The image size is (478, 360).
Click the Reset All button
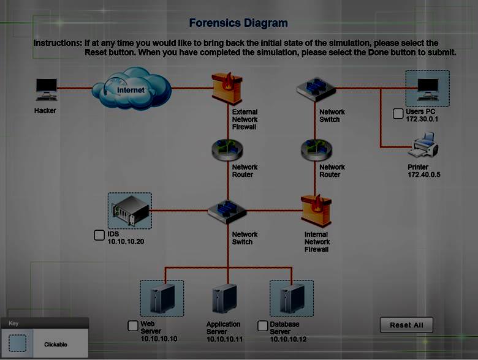(x=406, y=325)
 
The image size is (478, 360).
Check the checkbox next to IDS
(x=99, y=235)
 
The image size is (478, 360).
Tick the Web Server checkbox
(x=133, y=326)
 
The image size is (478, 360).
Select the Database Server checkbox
(x=263, y=326)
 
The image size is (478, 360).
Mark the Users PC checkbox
(x=398, y=113)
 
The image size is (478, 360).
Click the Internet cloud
(x=131, y=89)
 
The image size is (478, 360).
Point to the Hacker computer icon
(x=45, y=90)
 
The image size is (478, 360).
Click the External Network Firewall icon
(x=227, y=88)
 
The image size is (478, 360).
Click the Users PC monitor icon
(x=428, y=88)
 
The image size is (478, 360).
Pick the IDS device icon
(x=129, y=211)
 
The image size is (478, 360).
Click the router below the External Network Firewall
(x=227, y=150)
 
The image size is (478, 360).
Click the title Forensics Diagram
(x=238, y=23)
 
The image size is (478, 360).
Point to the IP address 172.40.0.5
(x=424, y=174)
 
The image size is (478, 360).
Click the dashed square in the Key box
(x=18, y=343)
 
